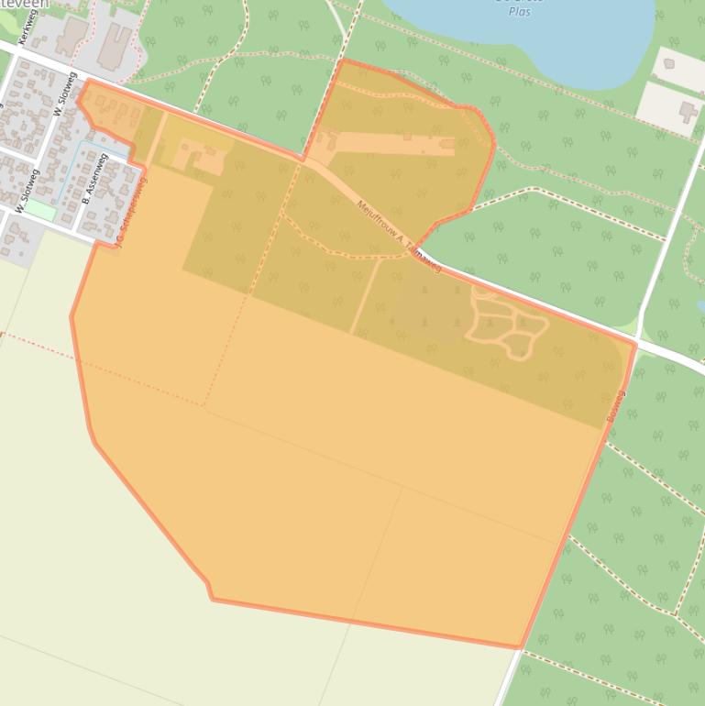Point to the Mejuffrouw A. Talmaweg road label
coord(399,235)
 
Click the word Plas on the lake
coord(519,11)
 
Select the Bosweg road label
coord(615,406)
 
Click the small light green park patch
coord(39,209)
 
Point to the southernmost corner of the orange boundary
coord(520,647)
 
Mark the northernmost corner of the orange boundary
coord(343,61)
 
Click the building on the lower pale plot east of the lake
coord(688,112)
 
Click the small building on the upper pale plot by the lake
coord(668,63)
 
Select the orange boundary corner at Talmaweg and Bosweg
coord(634,344)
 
